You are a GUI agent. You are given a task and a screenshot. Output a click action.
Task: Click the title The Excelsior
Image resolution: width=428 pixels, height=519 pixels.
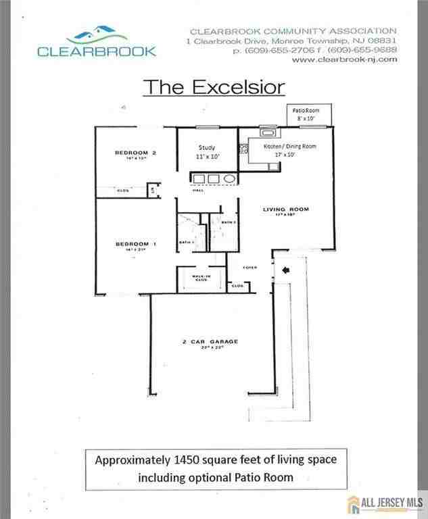click(213, 87)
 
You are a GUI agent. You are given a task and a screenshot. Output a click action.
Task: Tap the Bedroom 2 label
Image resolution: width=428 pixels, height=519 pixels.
click(135, 153)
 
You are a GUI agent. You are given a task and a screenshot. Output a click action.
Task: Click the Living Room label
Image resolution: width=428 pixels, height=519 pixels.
click(285, 209)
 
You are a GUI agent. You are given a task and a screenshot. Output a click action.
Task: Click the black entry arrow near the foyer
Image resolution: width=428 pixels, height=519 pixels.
click(284, 270)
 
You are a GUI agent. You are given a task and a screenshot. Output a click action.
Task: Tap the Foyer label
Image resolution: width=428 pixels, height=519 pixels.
click(249, 268)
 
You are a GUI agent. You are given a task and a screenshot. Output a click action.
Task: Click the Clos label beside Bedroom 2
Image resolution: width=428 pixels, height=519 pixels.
click(124, 191)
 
